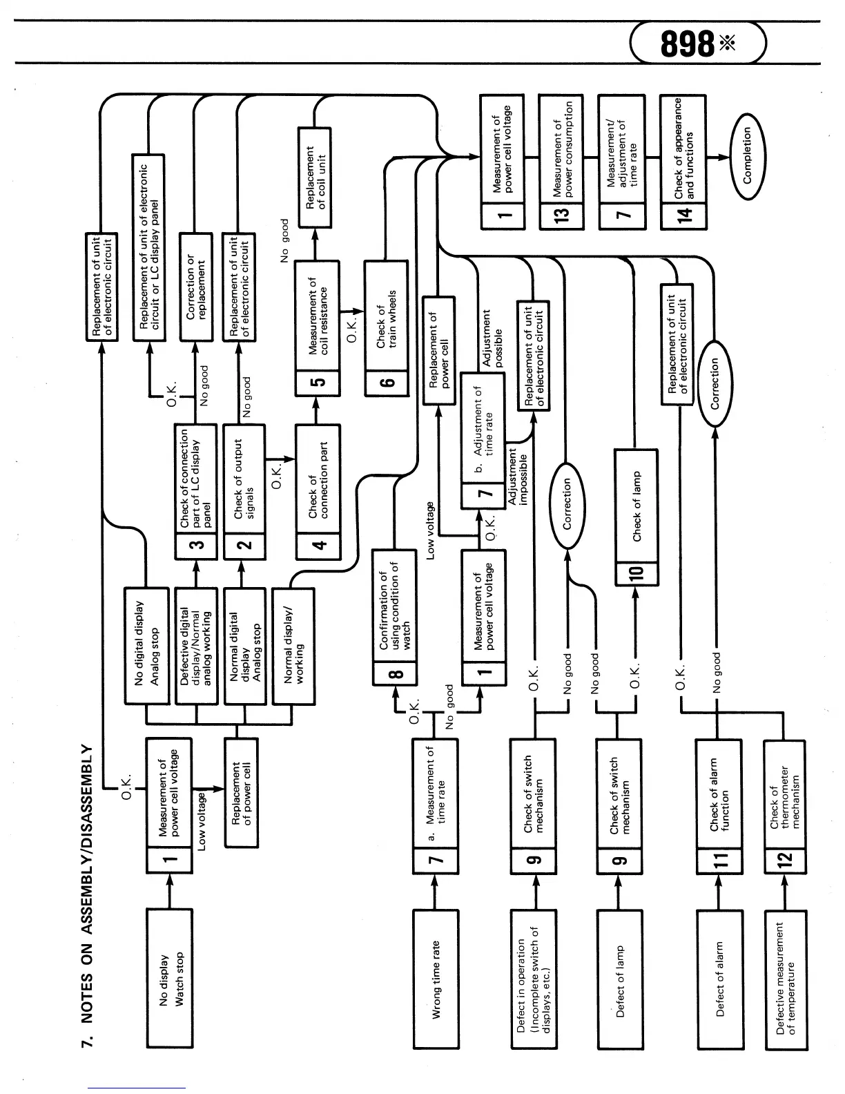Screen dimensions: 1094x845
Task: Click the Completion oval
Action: tap(747, 156)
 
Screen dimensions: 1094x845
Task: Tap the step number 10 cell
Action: tap(636, 573)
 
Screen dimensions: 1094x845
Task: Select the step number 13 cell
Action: tap(562, 213)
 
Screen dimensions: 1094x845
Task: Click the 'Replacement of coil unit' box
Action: tap(315, 177)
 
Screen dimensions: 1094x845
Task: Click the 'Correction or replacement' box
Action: tap(196, 287)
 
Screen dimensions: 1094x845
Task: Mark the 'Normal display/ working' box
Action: tap(293, 646)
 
